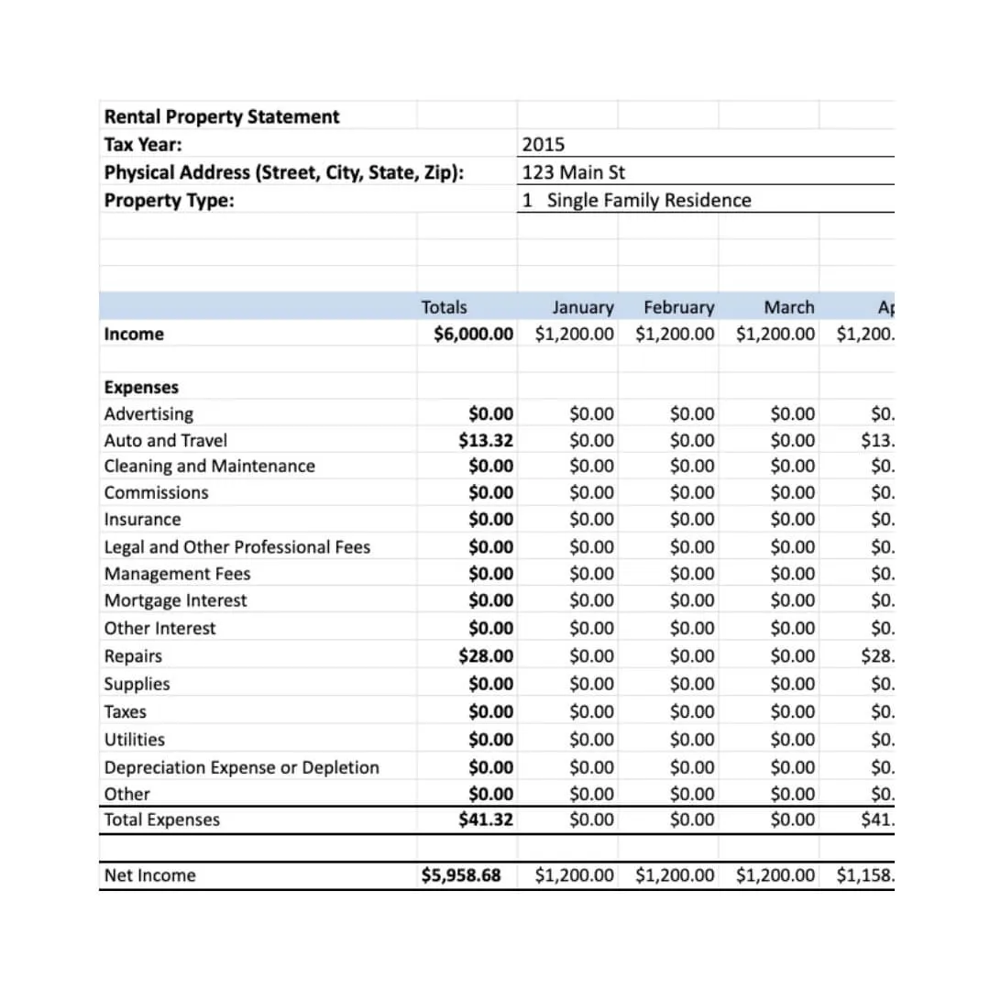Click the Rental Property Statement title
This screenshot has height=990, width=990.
221,116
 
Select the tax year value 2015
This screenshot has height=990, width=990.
544,144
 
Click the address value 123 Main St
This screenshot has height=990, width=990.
574,171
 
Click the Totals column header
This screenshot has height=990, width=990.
444,307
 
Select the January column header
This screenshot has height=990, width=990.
582,307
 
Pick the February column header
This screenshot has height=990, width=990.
678,307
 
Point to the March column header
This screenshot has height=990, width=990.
788,307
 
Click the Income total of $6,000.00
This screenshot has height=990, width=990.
473,334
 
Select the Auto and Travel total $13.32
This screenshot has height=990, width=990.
486,440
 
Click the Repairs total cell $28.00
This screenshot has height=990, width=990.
486,655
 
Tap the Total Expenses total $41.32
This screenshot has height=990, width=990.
486,819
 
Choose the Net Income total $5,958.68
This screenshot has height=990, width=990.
461,875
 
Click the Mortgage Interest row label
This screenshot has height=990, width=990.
175,600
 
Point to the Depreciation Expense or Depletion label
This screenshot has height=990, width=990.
241,767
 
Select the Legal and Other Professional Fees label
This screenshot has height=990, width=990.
236,547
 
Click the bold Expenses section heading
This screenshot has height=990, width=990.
141,387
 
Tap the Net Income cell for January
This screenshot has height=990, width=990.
574,875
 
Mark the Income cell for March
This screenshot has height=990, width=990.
775,334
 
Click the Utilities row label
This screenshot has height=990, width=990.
134,739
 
